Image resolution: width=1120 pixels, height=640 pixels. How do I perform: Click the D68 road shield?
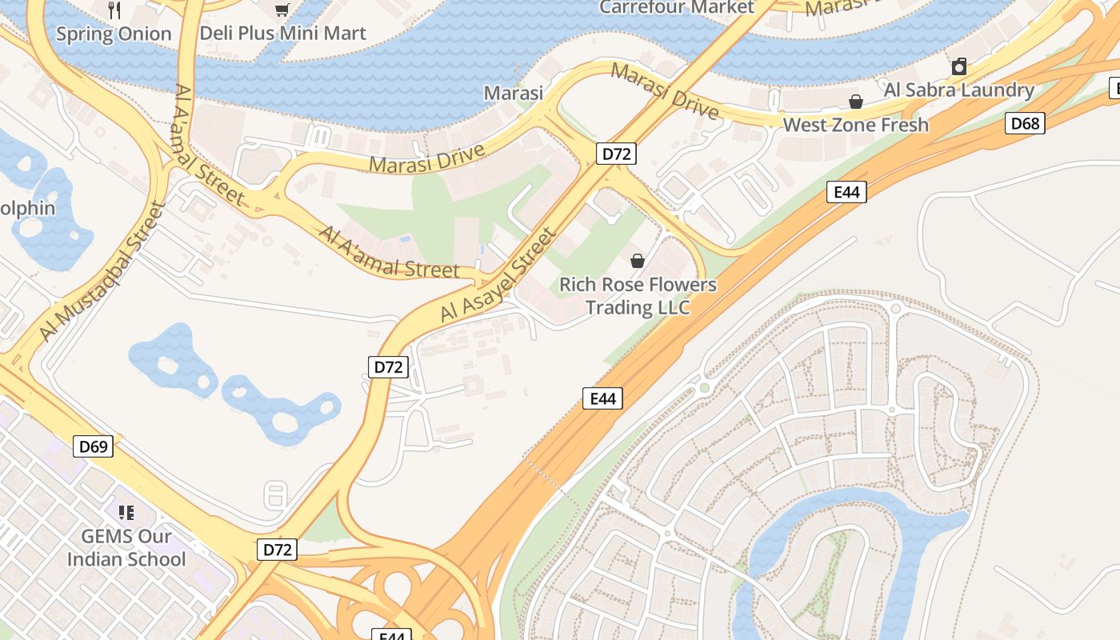[x=1025, y=123]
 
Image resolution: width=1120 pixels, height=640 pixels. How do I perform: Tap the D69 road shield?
[x=94, y=446]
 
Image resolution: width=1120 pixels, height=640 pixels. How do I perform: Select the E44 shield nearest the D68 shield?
[x=846, y=192]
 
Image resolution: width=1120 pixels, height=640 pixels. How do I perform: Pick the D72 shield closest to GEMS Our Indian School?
[x=278, y=550]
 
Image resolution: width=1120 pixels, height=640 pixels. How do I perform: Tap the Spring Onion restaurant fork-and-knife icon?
[x=114, y=10]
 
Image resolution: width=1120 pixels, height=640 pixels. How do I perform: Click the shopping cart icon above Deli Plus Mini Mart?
[x=282, y=10]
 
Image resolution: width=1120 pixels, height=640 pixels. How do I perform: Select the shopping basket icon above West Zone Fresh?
[x=855, y=102]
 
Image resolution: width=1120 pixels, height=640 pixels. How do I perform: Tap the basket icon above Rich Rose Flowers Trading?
[x=638, y=261]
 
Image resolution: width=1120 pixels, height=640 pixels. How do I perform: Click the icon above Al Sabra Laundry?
[x=958, y=66]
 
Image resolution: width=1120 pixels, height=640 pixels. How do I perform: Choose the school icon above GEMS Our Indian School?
[x=126, y=512]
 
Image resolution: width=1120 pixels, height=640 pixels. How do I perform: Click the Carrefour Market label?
[x=676, y=7]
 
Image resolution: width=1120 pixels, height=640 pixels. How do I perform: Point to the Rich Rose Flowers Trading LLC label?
[x=638, y=296]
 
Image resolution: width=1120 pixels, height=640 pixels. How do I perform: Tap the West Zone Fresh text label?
[x=855, y=125]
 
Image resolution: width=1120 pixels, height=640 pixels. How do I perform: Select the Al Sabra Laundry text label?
[x=958, y=90]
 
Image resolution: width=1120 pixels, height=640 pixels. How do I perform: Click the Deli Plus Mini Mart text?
[x=282, y=34]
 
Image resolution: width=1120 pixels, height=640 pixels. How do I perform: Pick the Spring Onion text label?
[x=114, y=34]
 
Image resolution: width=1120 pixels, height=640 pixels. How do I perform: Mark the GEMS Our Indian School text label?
[x=126, y=547]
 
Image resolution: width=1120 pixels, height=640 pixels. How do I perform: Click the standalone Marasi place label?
[x=514, y=93]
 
